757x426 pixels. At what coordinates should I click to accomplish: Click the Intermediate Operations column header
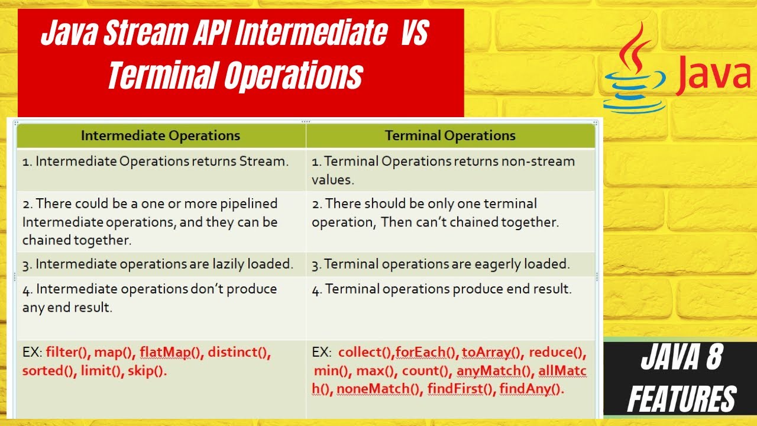coord(160,135)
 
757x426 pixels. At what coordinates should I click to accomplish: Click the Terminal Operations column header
coord(450,135)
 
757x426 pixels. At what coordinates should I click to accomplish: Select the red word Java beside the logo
coord(713,76)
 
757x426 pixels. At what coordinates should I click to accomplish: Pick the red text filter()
coord(68,353)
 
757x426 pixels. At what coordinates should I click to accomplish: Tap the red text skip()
coord(147,371)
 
